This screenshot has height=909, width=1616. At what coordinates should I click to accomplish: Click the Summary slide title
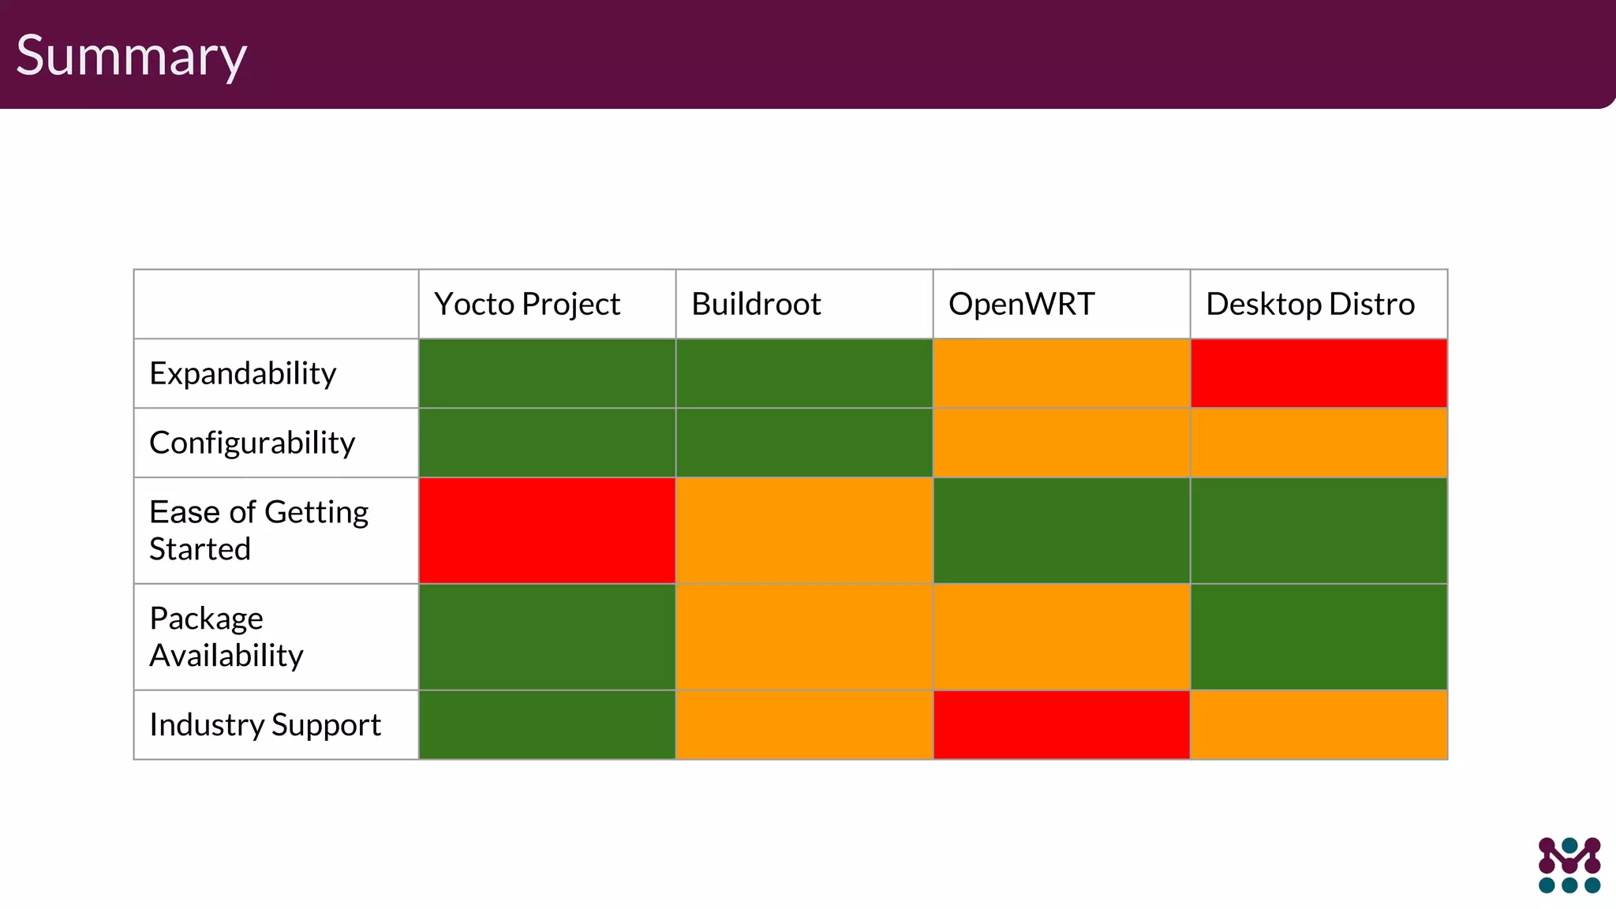[131, 55]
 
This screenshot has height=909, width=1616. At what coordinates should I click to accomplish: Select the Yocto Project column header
[527, 305]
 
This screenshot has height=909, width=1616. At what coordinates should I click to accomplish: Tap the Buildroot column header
[756, 305]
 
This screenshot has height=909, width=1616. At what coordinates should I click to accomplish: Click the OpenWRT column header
[1021, 305]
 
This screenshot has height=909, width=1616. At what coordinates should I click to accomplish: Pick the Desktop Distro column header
[1310, 305]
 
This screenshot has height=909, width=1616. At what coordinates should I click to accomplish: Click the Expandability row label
[243, 374]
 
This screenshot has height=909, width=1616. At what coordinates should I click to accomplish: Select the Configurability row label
[252, 443]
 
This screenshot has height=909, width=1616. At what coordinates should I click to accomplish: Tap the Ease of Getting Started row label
[259, 530]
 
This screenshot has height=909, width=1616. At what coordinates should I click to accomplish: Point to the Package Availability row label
[226, 637]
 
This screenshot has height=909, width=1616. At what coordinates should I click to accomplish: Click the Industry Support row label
[265, 725]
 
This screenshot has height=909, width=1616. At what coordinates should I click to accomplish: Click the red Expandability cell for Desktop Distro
[1319, 374]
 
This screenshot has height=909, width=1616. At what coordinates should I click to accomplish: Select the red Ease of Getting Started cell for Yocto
[547, 530]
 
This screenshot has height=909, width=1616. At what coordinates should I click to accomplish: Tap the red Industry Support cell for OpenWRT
[1061, 725]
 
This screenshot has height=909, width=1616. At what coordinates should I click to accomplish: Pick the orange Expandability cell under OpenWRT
[1061, 374]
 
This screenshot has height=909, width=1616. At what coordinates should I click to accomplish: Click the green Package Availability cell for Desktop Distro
[1319, 637]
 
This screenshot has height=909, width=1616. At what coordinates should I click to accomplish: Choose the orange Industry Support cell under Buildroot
[804, 725]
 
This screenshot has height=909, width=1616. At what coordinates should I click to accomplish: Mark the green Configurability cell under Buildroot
[804, 443]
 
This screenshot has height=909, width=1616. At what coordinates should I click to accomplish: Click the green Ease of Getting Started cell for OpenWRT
[1061, 530]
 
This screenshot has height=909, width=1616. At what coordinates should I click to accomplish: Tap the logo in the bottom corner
[1569, 865]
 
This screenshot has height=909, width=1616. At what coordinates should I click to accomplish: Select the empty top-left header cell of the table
[276, 305]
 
